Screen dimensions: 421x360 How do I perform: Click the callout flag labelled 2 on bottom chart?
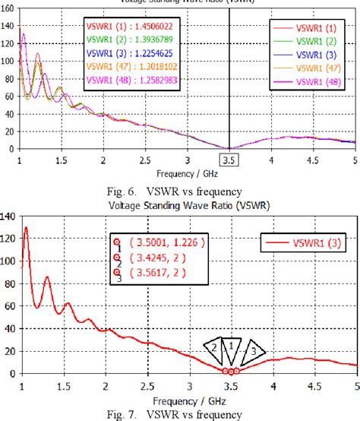(215, 348)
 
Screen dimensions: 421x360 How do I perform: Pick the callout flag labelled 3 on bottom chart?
(254, 350)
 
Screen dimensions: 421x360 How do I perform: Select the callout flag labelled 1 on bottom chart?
(233, 345)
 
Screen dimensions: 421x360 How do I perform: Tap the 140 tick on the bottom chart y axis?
(8, 217)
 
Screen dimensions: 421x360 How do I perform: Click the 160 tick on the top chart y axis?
(8, 8)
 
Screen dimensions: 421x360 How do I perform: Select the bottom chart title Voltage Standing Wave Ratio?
(179, 204)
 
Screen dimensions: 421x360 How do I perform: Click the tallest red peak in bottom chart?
(27, 228)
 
